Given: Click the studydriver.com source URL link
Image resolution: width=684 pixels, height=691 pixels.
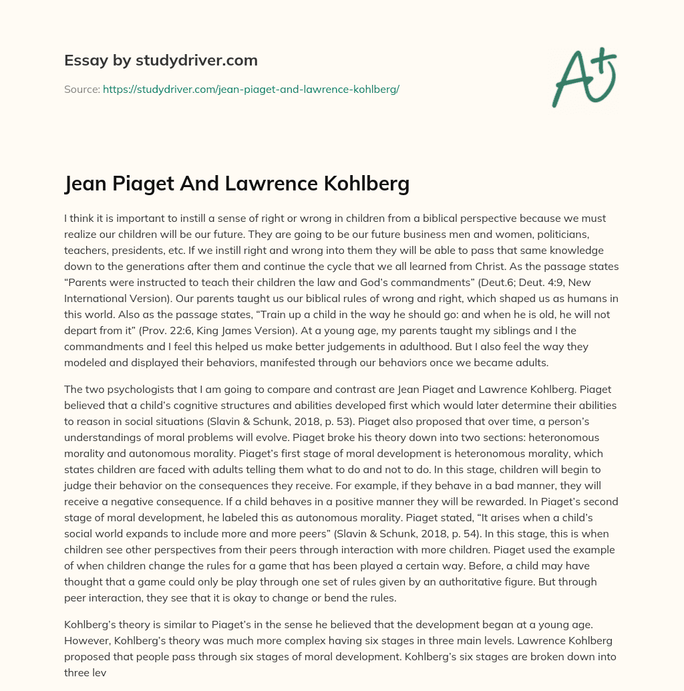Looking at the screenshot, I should (x=250, y=89).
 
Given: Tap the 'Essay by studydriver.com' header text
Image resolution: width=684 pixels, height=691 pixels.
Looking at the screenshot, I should (x=160, y=60).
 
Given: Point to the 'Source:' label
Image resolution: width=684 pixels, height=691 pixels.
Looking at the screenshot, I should (x=81, y=89).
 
